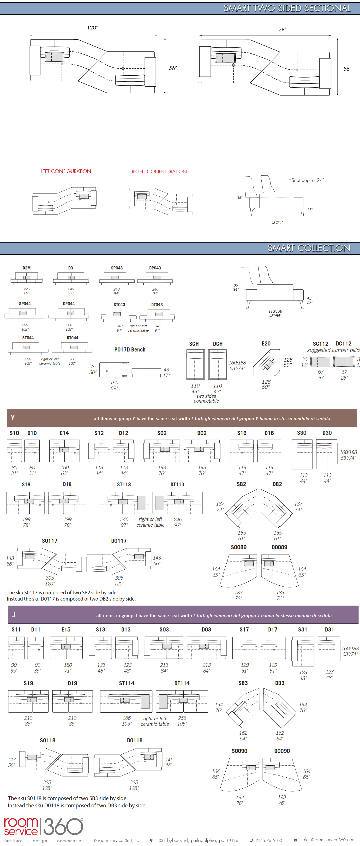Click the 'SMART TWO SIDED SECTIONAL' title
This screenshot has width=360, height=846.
(x=287, y=8)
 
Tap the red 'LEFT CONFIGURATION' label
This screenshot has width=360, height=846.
(x=66, y=172)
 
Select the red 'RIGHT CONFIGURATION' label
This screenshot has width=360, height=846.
(x=159, y=172)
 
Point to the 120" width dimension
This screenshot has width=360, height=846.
(x=92, y=28)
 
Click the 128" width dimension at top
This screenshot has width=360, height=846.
(x=281, y=30)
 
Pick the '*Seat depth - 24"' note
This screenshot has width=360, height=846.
(x=306, y=180)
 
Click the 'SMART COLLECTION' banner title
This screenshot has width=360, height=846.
(x=309, y=248)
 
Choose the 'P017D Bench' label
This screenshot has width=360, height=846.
(x=130, y=349)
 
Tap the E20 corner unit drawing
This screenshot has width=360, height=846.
(x=266, y=363)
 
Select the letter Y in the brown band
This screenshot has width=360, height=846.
(x=12, y=418)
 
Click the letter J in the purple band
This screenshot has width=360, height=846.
(x=13, y=614)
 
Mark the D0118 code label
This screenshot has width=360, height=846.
(x=135, y=740)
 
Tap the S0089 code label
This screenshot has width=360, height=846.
(x=239, y=547)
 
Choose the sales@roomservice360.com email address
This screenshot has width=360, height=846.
(x=328, y=840)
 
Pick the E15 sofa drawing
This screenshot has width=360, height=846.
(x=66, y=647)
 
